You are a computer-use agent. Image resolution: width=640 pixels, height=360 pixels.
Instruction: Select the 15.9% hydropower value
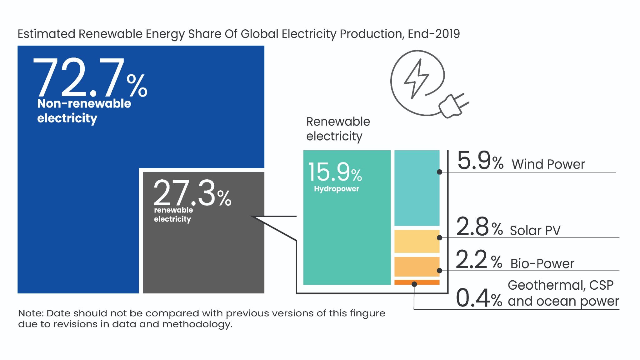(335, 172)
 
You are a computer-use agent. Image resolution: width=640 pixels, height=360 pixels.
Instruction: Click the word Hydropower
(336, 189)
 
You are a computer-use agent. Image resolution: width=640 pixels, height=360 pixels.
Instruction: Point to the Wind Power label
(548, 164)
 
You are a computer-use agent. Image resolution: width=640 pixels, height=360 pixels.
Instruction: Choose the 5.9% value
(480, 161)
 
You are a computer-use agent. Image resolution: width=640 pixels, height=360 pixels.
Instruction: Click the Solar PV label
(535, 231)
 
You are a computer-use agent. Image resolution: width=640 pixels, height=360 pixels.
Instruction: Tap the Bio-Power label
(542, 263)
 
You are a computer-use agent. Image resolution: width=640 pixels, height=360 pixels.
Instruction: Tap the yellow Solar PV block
(417, 241)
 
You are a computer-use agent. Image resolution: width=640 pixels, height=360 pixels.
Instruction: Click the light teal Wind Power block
(417, 188)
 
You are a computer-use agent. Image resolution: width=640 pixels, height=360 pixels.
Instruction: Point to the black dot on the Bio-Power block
(439, 270)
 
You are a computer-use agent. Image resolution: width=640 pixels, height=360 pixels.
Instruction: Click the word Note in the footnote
(30, 313)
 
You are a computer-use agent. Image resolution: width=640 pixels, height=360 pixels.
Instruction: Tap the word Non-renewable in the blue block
(84, 103)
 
